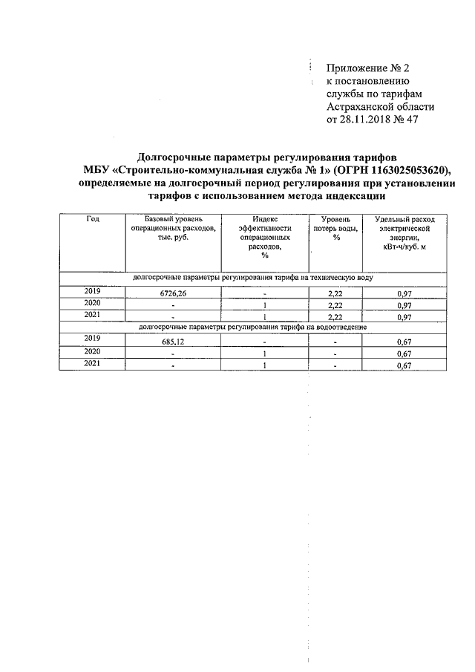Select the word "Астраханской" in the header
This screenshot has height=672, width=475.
pyautogui.click(x=361, y=108)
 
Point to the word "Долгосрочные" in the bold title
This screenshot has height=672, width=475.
pyautogui.click(x=179, y=157)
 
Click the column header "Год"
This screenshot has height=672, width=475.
pyautogui.click(x=92, y=221)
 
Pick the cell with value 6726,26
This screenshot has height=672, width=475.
pyautogui.click(x=173, y=293)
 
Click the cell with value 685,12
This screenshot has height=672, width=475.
pyautogui.click(x=173, y=342)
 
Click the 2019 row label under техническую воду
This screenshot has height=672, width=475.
pyautogui.click(x=92, y=292)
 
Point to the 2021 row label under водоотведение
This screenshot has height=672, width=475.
pyautogui.click(x=92, y=364)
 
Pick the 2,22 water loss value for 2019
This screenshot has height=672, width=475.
pyautogui.click(x=335, y=293)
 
